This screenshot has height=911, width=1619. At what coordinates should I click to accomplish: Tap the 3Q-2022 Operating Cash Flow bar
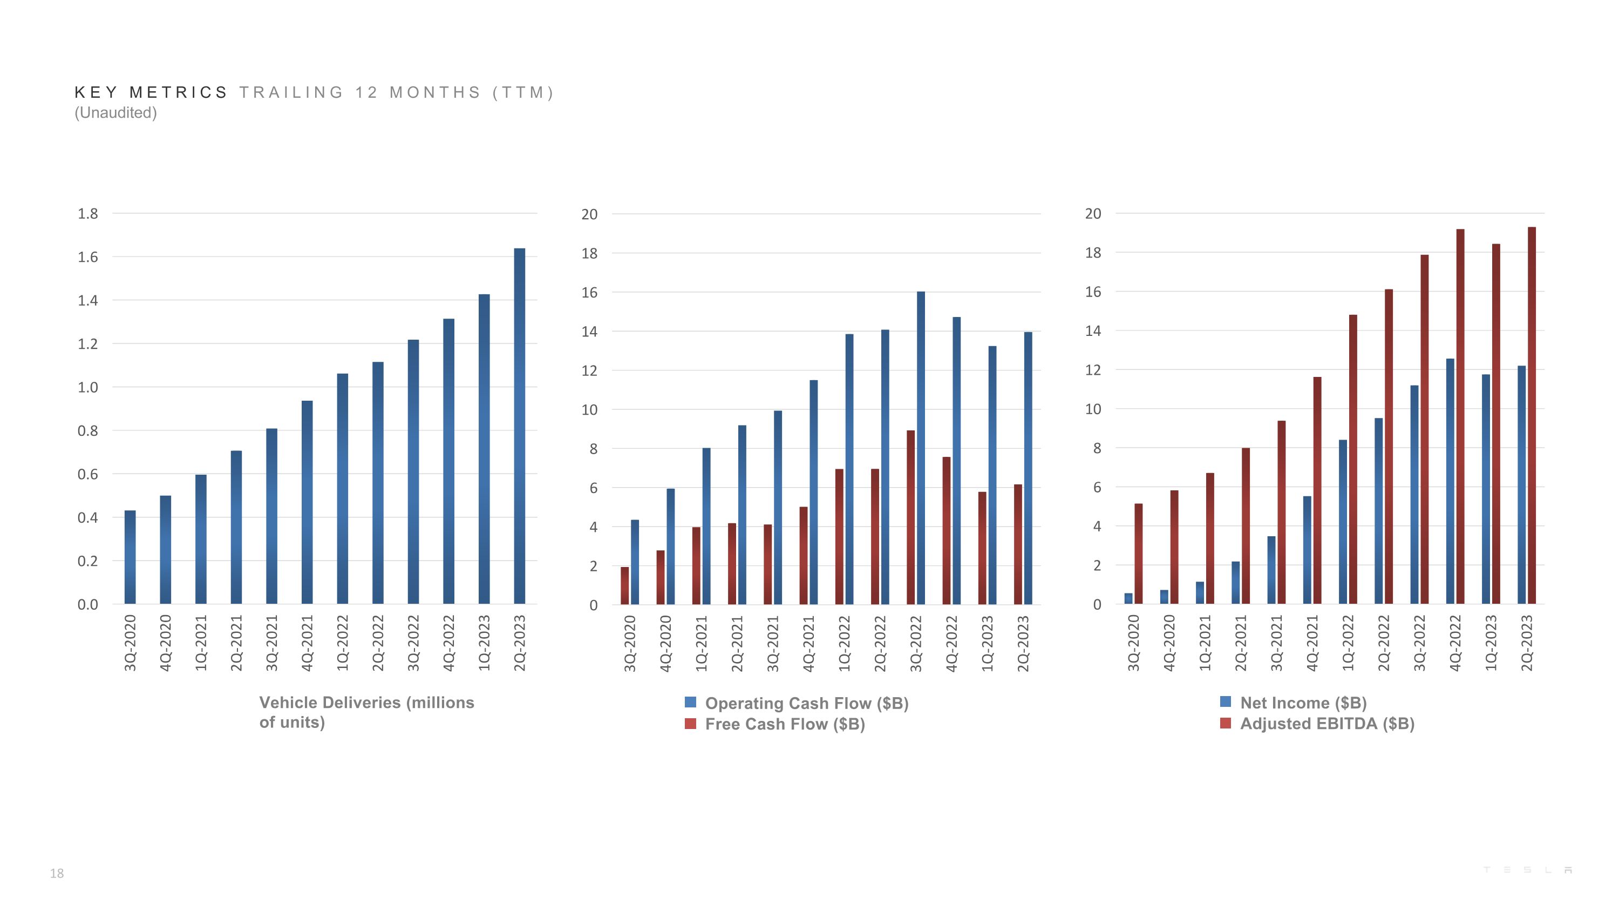click(921, 448)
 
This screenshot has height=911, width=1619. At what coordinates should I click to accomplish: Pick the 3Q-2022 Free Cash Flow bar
click(911, 517)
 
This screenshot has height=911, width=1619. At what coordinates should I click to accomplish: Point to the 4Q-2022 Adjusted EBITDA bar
click(1460, 416)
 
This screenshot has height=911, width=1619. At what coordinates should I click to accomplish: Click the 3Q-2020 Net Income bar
click(1128, 598)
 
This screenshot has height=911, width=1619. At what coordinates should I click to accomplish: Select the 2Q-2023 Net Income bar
click(1521, 485)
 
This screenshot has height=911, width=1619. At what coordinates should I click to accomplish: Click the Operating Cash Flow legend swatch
click(690, 702)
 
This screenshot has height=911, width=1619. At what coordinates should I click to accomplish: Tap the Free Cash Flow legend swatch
click(690, 724)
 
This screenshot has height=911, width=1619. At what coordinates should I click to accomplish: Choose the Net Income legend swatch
click(1225, 701)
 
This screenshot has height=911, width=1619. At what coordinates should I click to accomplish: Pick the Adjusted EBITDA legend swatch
click(1225, 723)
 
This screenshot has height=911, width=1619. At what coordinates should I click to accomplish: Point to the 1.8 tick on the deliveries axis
click(88, 214)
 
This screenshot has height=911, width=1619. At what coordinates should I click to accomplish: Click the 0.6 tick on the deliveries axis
click(88, 474)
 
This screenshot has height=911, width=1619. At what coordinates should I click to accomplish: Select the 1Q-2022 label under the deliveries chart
click(343, 643)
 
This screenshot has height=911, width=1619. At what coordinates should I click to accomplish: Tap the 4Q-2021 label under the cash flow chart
click(809, 643)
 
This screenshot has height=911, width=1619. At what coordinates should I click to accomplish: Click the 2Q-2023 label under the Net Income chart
click(1527, 643)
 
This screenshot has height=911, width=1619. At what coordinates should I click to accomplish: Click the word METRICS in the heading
click(179, 92)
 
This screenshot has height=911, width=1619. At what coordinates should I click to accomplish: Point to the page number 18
click(57, 873)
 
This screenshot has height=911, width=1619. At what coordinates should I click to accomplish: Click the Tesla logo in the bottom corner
click(1527, 869)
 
